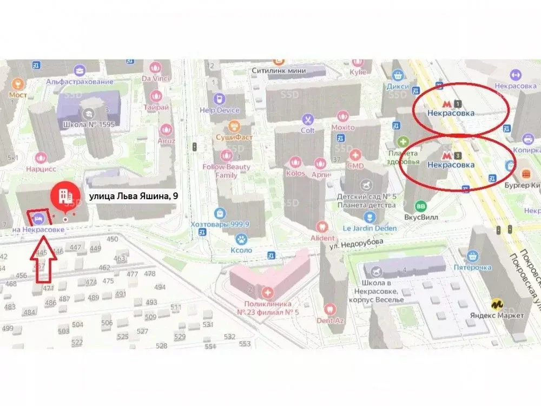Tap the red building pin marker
click(x=65, y=197)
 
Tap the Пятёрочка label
click(x=472, y=267)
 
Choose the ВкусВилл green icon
click(x=420, y=206)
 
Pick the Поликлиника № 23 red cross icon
click(x=267, y=293)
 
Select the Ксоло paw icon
click(x=240, y=238)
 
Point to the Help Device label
click(x=220, y=110)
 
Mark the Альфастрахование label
click(x=80, y=82)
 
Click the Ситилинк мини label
click(x=279, y=71)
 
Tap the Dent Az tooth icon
click(x=327, y=309)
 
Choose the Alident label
click(x=322, y=238)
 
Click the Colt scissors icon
click(x=307, y=119)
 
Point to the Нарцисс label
click(x=39, y=168)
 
